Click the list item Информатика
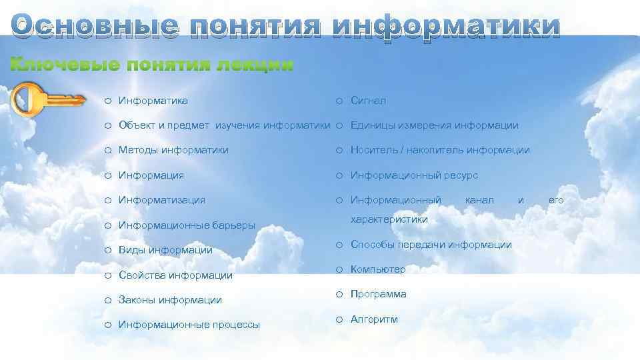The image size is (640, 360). pos(153,101)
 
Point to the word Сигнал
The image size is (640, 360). pos(368,101)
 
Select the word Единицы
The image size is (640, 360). pos(371,125)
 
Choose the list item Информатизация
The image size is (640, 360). pos(161,199)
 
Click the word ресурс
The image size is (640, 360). pos(461,175)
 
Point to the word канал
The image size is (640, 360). pos(479,199)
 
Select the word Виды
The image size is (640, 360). pos(132,250)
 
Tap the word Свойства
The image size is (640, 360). pos(142,275)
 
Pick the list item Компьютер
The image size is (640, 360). pos(377,269)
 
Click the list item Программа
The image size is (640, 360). pos(378,294)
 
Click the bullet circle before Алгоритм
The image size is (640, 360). pos(339,319)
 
